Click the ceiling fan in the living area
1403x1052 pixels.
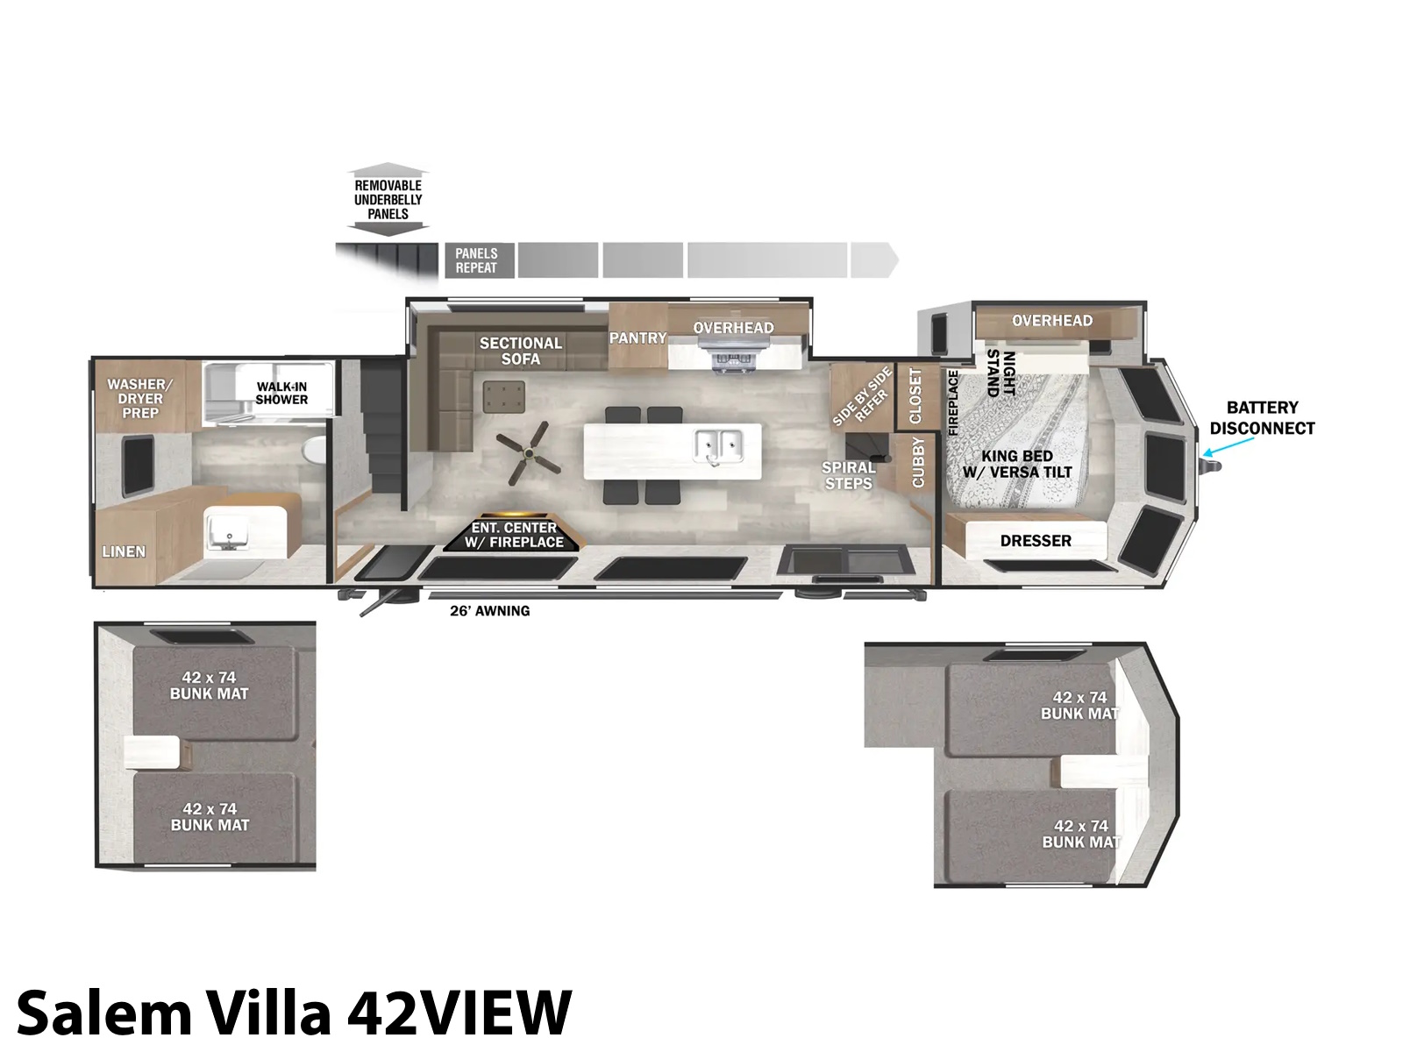(x=529, y=453)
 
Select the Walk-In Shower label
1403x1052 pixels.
(x=281, y=394)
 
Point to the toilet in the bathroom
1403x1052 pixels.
(x=313, y=451)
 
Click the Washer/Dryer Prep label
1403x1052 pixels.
(x=140, y=399)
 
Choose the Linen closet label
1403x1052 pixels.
(x=124, y=551)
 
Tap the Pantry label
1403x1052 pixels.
(x=637, y=338)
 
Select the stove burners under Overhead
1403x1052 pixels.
(x=733, y=359)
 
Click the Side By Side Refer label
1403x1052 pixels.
(x=861, y=396)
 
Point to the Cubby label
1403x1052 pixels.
(x=918, y=462)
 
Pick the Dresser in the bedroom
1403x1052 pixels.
(x=1035, y=540)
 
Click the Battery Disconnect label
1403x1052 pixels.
(x=1263, y=418)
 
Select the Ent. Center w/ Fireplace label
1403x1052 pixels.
(x=514, y=535)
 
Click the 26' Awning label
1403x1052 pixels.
(x=490, y=611)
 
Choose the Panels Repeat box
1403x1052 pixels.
(x=480, y=260)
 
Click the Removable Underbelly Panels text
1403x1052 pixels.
(x=388, y=199)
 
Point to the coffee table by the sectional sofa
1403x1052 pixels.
(x=503, y=397)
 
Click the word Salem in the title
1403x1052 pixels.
(x=105, y=1013)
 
